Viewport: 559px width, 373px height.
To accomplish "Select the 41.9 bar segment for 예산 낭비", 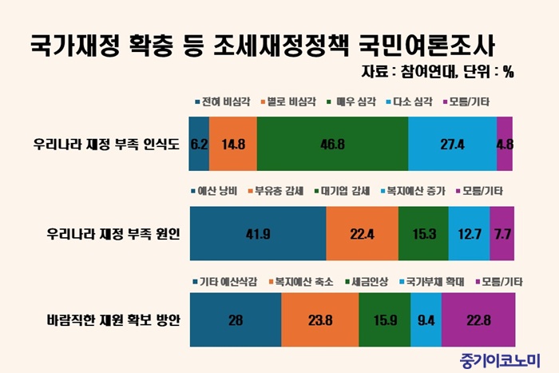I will pyautogui.click(x=257, y=233).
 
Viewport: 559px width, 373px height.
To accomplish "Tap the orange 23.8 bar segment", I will pyautogui.click(x=319, y=320).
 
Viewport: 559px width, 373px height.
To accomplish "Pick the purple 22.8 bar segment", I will pyautogui.click(x=478, y=320).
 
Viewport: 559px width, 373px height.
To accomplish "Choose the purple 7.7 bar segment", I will pyautogui.click(x=502, y=233).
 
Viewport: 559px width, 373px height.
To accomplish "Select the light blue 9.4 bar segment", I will pyautogui.click(x=426, y=320).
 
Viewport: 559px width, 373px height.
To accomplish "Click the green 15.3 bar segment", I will pyautogui.click(x=423, y=233).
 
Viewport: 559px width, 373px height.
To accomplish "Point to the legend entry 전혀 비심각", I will pyautogui.click(x=223, y=102).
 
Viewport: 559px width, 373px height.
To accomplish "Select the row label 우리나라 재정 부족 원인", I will pyautogui.click(x=113, y=233).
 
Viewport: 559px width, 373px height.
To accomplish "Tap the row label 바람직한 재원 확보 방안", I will pyautogui.click(x=113, y=320).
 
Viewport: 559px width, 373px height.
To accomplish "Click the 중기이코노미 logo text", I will pyautogui.click(x=501, y=358).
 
